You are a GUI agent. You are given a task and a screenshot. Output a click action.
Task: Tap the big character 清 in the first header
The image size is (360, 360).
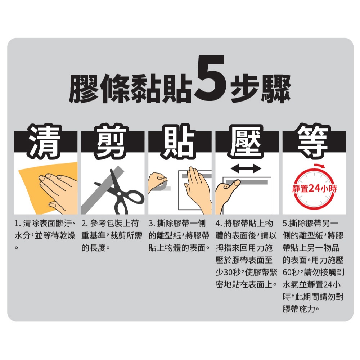45,141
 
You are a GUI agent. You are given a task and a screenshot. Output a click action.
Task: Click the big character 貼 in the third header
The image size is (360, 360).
179,141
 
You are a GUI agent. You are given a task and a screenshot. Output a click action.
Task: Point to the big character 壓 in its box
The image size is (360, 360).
246,141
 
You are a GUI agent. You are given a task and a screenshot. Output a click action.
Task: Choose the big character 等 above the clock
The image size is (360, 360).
313,141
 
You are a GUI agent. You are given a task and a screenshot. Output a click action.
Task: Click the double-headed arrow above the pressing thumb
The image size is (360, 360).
246,169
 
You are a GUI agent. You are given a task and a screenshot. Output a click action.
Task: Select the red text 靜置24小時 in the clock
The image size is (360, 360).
314,189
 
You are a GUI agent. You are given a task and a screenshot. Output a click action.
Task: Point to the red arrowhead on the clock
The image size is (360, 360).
322,166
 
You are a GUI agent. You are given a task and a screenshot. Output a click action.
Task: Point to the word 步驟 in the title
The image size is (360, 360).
260,89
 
